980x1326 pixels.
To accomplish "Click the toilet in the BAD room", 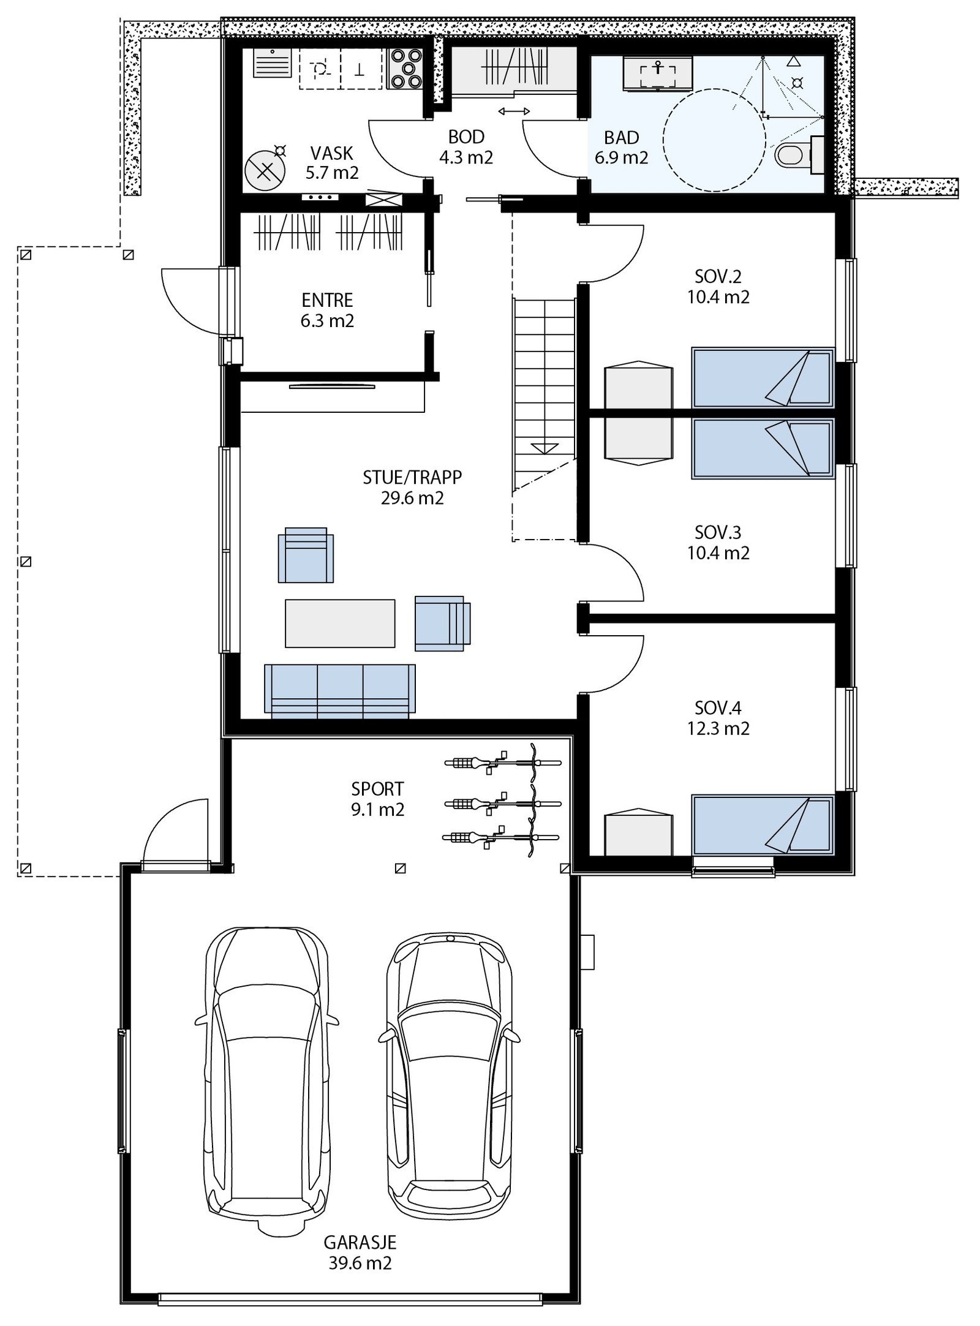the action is pyautogui.click(x=791, y=155).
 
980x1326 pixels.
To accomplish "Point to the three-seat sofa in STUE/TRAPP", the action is pyautogui.click(x=339, y=691).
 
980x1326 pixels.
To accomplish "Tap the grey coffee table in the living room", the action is pyautogui.click(x=340, y=623).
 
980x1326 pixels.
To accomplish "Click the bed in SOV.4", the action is pyautogui.click(x=763, y=824).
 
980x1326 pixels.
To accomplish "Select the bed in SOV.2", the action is pyautogui.click(x=763, y=377).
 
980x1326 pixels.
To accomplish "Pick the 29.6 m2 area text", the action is pyautogui.click(x=412, y=498).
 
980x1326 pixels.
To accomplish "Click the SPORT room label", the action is pyautogui.click(x=378, y=789).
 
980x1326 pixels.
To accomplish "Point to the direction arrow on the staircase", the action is pyautogui.click(x=545, y=448).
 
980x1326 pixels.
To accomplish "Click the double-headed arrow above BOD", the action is pyautogui.click(x=514, y=111).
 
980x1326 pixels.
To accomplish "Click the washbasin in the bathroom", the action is pyautogui.click(x=658, y=75).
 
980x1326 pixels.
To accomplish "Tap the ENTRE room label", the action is pyautogui.click(x=328, y=300).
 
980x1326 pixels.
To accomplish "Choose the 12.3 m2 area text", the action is pyautogui.click(x=718, y=729).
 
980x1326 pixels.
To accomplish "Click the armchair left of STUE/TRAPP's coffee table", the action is pyautogui.click(x=306, y=555).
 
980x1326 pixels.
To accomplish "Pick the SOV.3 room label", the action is pyautogui.click(x=718, y=531).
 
